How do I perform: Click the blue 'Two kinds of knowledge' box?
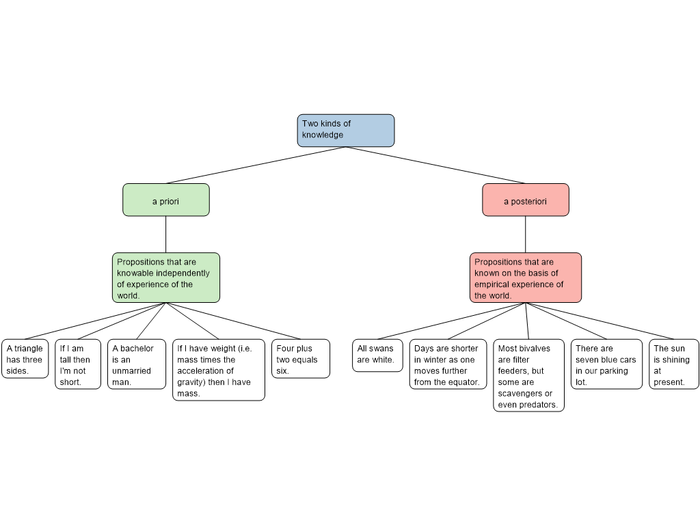pos(346,130)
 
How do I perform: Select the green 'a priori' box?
pos(166,200)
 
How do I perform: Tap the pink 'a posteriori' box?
pos(525,200)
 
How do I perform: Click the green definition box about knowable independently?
pos(166,278)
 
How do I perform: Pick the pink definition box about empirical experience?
pos(525,278)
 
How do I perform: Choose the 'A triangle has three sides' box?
pos(25,359)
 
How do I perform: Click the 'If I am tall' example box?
pos(78,364)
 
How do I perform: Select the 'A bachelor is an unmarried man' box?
pos(137,364)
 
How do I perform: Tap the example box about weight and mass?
pos(219,370)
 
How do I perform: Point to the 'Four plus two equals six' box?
pos(301,359)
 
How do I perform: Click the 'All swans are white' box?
pos(377,355)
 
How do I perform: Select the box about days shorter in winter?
pos(448,364)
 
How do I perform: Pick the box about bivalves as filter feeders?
pos(528,375)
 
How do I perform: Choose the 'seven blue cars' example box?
pos(606,364)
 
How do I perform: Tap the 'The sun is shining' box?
pos(674,364)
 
